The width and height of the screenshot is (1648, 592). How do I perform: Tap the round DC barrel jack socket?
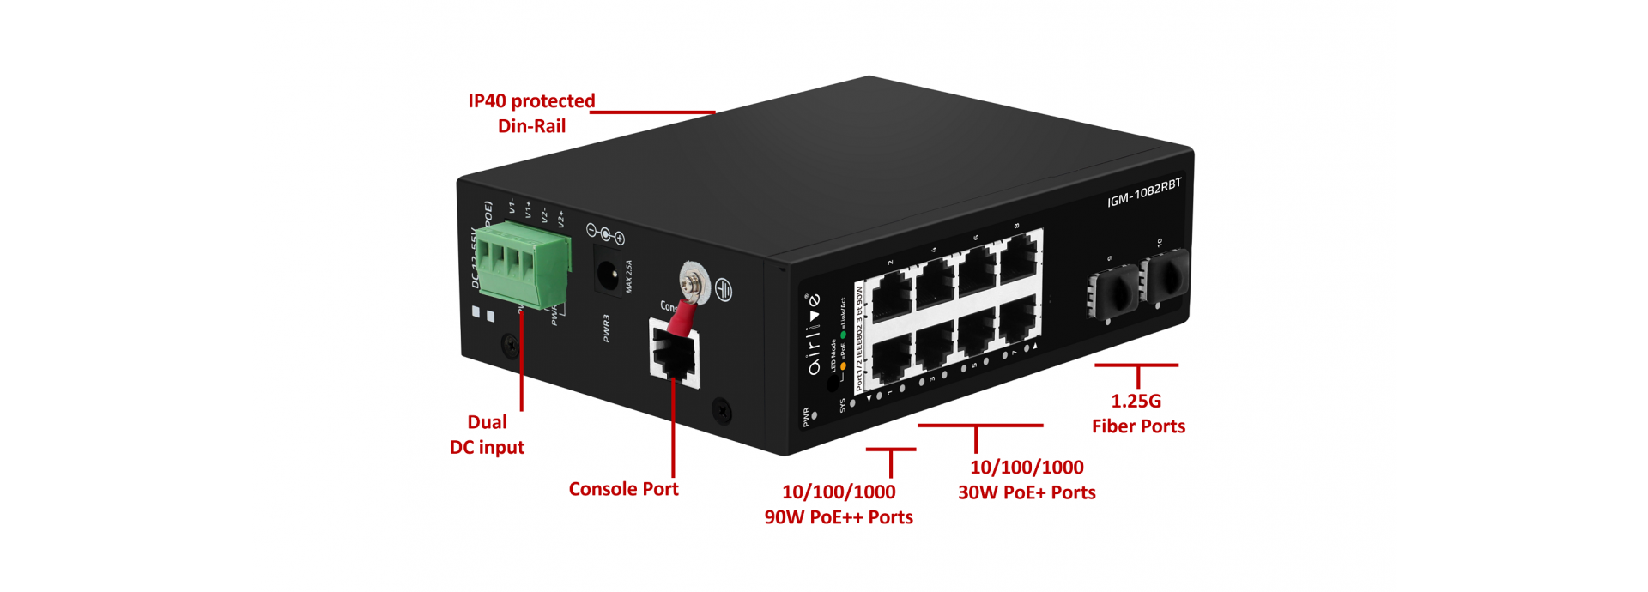609,275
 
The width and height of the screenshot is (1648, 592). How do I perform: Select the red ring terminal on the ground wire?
682,318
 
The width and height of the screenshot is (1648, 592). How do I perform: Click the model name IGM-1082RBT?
1143,193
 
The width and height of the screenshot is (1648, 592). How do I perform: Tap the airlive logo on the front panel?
813,335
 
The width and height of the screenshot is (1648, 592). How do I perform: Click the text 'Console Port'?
623,489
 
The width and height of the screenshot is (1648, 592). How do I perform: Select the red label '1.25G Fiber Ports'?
1137,414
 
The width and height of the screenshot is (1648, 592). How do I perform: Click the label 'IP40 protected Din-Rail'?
531,113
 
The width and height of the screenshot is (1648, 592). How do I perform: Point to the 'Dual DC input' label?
487,435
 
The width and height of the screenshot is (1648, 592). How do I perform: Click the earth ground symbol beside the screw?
724,292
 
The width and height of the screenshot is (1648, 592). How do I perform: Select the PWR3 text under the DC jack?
606,328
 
